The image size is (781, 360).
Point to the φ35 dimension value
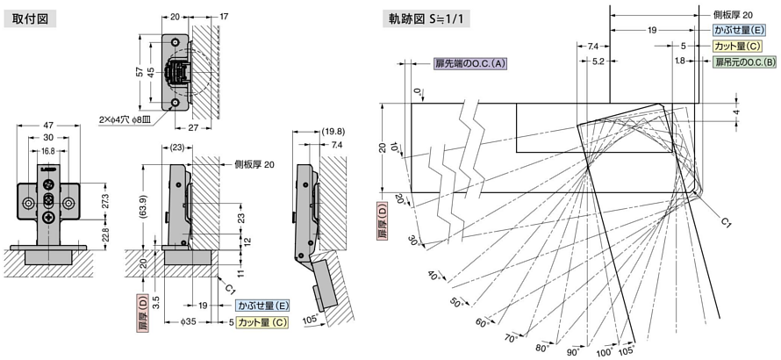[188, 321]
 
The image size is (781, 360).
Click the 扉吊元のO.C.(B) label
[745, 62]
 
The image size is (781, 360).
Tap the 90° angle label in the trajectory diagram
[572, 351]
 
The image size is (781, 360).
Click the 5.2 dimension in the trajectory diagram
[598, 61]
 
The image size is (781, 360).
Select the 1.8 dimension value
[679, 61]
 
